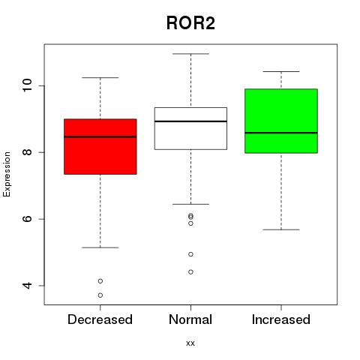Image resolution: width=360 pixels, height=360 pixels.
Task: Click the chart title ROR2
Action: pyautogui.click(x=190, y=23)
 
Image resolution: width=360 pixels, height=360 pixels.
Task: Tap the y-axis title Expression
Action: pyautogui.click(x=7, y=174)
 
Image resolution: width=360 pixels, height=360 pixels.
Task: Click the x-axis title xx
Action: pyautogui.click(x=190, y=343)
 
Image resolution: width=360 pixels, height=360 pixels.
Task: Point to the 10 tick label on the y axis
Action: pyautogui.click(x=27, y=85)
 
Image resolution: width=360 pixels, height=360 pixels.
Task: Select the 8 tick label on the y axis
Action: pyautogui.click(x=27, y=152)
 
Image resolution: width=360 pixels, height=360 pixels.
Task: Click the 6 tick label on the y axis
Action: pyautogui.click(x=27, y=219)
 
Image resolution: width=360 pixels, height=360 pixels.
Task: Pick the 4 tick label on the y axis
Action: pyautogui.click(x=27, y=286)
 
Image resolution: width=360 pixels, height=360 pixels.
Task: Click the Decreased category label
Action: pyautogui.click(x=100, y=319)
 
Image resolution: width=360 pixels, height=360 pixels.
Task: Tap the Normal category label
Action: pyautogui.click(x=190, y=319)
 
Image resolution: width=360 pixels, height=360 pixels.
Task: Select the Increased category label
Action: pyautogui.click(x=281, y=319)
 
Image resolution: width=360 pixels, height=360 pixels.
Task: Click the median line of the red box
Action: pyautogui.click(x=100, y=136)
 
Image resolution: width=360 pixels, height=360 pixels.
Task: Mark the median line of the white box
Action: pyautogui.click(x=190, y=121)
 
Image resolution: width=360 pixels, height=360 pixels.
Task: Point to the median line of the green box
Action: pyautogui.click(x=281, y=133)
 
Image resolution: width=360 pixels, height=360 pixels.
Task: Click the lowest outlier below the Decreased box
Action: pyautogui.click(x=100, y=295)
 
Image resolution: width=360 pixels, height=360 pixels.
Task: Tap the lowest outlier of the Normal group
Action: pyautogui.click(x=190, y=272)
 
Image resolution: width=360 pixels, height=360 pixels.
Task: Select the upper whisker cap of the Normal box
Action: pyautogui.click(x=190, y=54)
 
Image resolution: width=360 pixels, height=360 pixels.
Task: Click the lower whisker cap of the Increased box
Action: pyautogui.click(x=281, y=229)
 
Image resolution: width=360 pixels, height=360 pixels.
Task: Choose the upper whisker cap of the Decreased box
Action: pyautogui.click(x=100, y=77)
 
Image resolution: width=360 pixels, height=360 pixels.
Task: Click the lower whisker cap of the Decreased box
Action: pyautogui.click(x=100, y=247)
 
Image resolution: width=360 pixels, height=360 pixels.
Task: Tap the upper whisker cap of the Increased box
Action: pyautogui.click(x=281, y=71)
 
